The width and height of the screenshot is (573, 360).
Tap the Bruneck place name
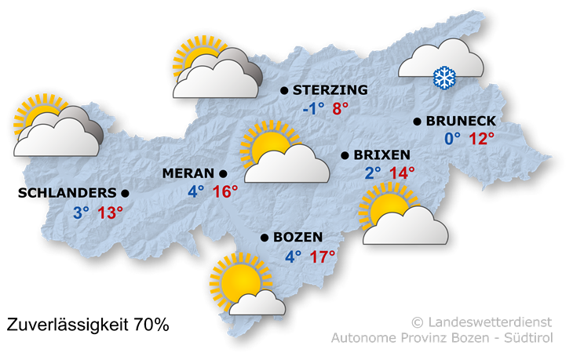[x=461, y=122]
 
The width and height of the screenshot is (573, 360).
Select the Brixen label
[x=382, y=155]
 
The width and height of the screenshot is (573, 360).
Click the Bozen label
[x=298, y=237]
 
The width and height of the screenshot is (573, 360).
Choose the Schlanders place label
[x=71, y=192]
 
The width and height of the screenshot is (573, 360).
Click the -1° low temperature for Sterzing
[x=313, y=109]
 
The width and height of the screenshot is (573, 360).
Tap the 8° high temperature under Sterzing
[x=341, y=109]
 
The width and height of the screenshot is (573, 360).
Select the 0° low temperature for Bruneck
[x=453, y=139]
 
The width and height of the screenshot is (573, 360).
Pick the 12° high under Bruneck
[x=482, y=139]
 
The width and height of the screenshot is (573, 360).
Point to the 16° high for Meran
[x=225, y=191]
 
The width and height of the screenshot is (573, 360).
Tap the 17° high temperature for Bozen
[x=322, y=256]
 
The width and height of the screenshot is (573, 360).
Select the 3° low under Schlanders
[x=82, y=212]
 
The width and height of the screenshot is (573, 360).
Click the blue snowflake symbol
[x=445, y=78]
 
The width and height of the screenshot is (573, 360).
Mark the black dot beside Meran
[x=223, y=173]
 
